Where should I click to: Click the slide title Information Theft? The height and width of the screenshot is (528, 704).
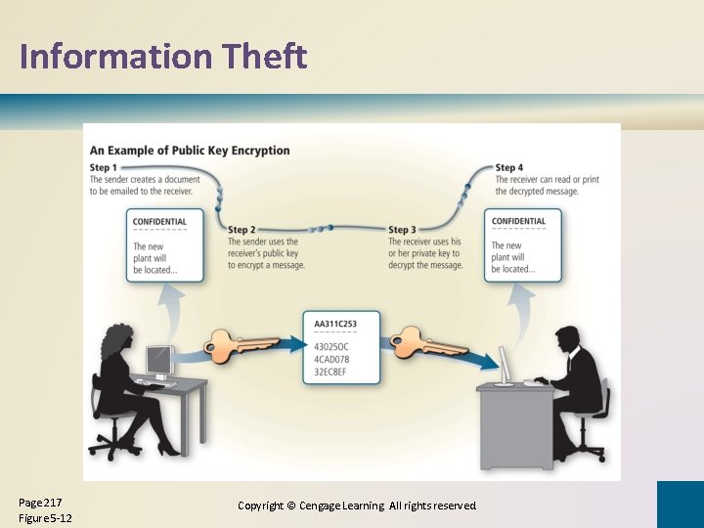point(163,57)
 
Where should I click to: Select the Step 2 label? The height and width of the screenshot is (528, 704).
point(242,230)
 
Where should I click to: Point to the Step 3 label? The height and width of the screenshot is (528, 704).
point(403,230)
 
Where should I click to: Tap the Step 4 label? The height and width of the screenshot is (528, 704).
point(509,168)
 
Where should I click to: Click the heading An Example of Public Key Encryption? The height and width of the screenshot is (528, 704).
point(190,151)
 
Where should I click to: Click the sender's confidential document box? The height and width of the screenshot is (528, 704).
point(164,246)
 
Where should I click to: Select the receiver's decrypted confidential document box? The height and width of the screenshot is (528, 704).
point(523,246)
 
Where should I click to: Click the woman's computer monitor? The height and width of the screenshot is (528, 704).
point(158,361)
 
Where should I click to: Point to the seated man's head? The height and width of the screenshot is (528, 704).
point(569,338)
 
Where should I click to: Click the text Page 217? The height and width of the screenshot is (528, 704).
point(40,502)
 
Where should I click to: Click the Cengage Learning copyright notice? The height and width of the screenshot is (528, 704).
point(357,506)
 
